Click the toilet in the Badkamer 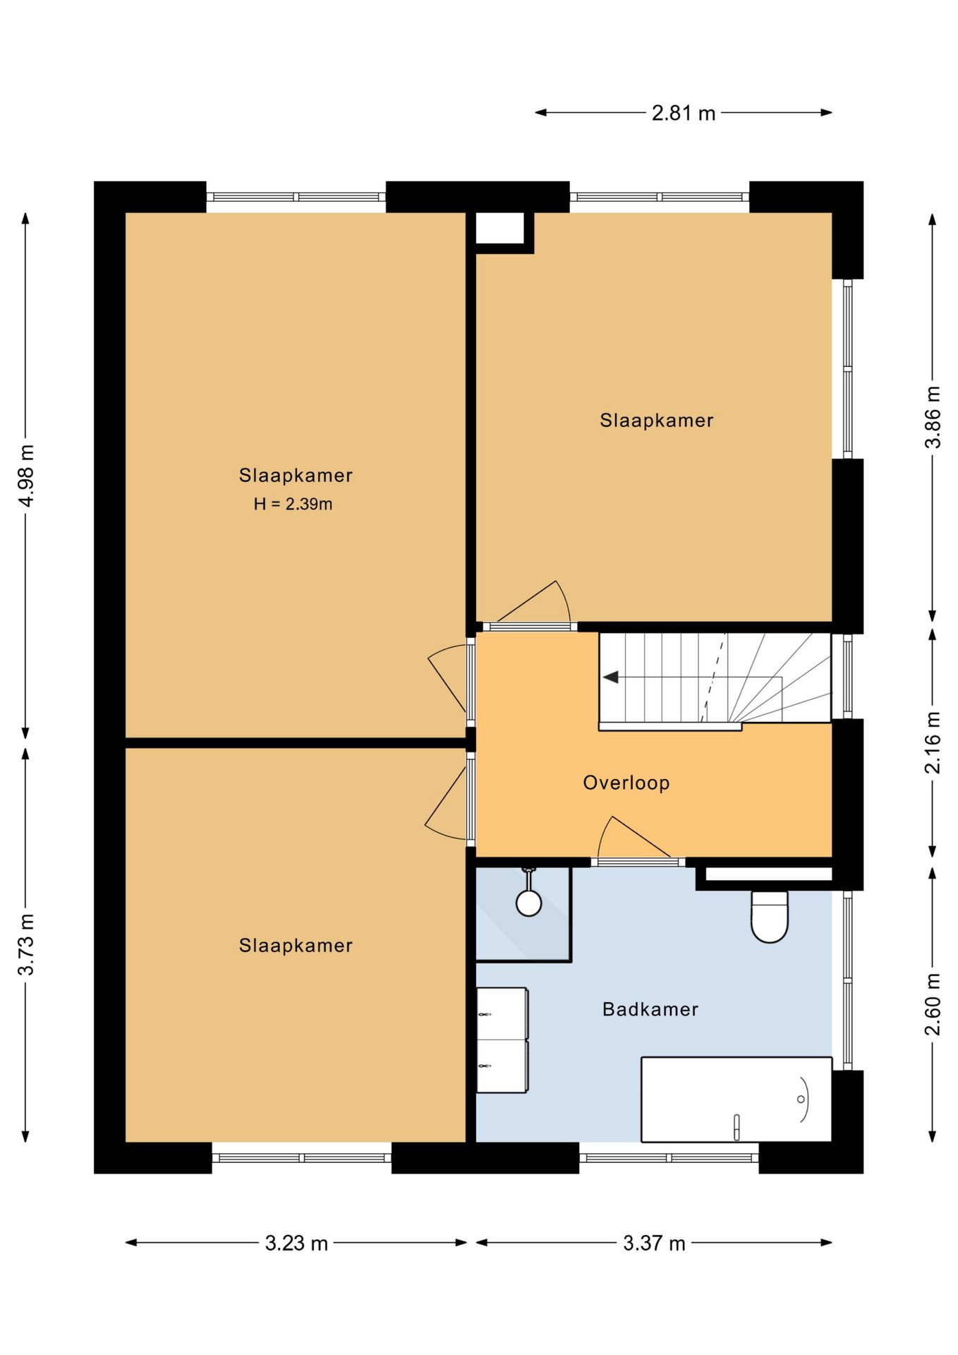click(x=769, y=917)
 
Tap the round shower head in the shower click(x=528, y=903)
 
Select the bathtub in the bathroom click(x=736, y=1099)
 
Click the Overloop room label click(x=626, y=783)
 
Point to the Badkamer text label click(x=650, y=1009)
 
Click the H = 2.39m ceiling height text click(x=293, y=504)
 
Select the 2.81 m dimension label click(x=684, y=113)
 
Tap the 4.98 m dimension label click(x=26, y=476)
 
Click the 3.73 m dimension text click(x=26, y=944)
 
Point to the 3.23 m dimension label click(x=296, y=1243)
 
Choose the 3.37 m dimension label click(x=654, y=1243)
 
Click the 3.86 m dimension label click(x=933, y=417)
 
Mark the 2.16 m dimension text click(x=933, y=742)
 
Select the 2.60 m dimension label click(x=933, y=1004)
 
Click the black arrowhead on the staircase click(x=611, y=677)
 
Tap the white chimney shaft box click(x=499, y=228)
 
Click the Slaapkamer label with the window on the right click(x=657, y=421)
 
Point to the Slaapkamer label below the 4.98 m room click(x=296, y=946)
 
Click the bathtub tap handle click(x=736, y=1126)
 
